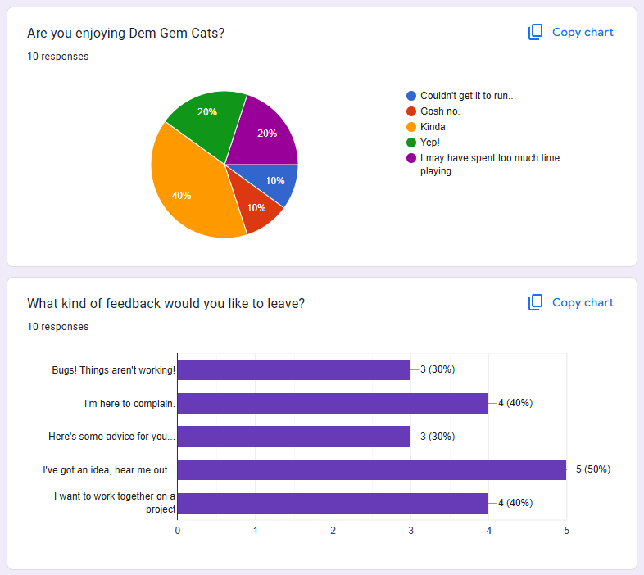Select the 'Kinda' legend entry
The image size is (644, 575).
point(433,127)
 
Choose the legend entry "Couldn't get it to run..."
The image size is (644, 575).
point(467,96)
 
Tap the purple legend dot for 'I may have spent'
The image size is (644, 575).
point(411,158)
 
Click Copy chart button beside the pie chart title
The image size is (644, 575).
point(570,33)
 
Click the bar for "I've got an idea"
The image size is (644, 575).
point(371,469)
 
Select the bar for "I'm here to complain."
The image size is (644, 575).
point(333,403)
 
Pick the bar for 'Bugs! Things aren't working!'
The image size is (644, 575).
point(293,369)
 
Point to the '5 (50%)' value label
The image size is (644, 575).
point(592,469)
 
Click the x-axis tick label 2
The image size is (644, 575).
point(333,531)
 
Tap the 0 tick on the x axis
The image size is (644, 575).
point(178,531)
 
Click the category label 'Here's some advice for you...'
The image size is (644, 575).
point(111,437)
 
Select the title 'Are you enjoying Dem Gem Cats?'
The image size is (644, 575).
point(125,33)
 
